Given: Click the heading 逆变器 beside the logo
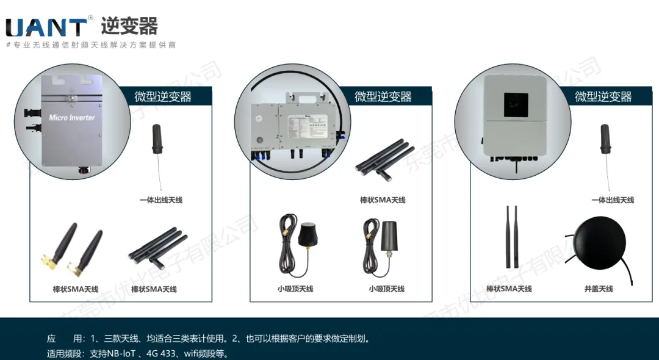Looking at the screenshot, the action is point(129,26).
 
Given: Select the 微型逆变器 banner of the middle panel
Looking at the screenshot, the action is point(383,96).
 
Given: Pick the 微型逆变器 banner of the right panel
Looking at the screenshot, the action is point(603,96).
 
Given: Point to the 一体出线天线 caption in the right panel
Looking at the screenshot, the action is point(613,200).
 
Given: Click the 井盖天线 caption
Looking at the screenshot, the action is point(598,289).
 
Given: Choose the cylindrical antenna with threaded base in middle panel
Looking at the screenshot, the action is point(387,235).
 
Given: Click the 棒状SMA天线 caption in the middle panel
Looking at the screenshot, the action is point(383,200).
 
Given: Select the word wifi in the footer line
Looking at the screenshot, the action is point(194,353).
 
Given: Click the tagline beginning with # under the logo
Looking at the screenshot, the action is point(91,45).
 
